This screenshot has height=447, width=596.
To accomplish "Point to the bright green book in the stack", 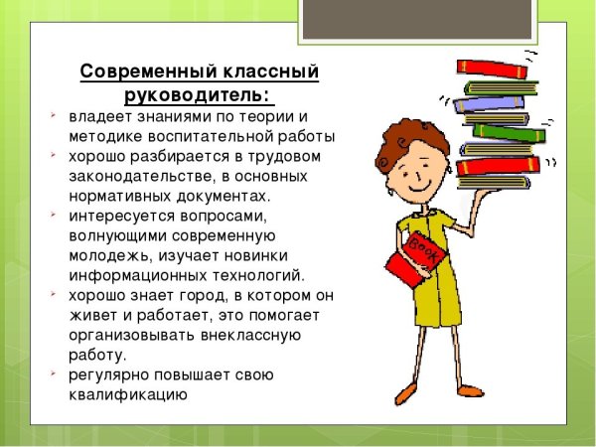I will (x=508, y=130).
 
